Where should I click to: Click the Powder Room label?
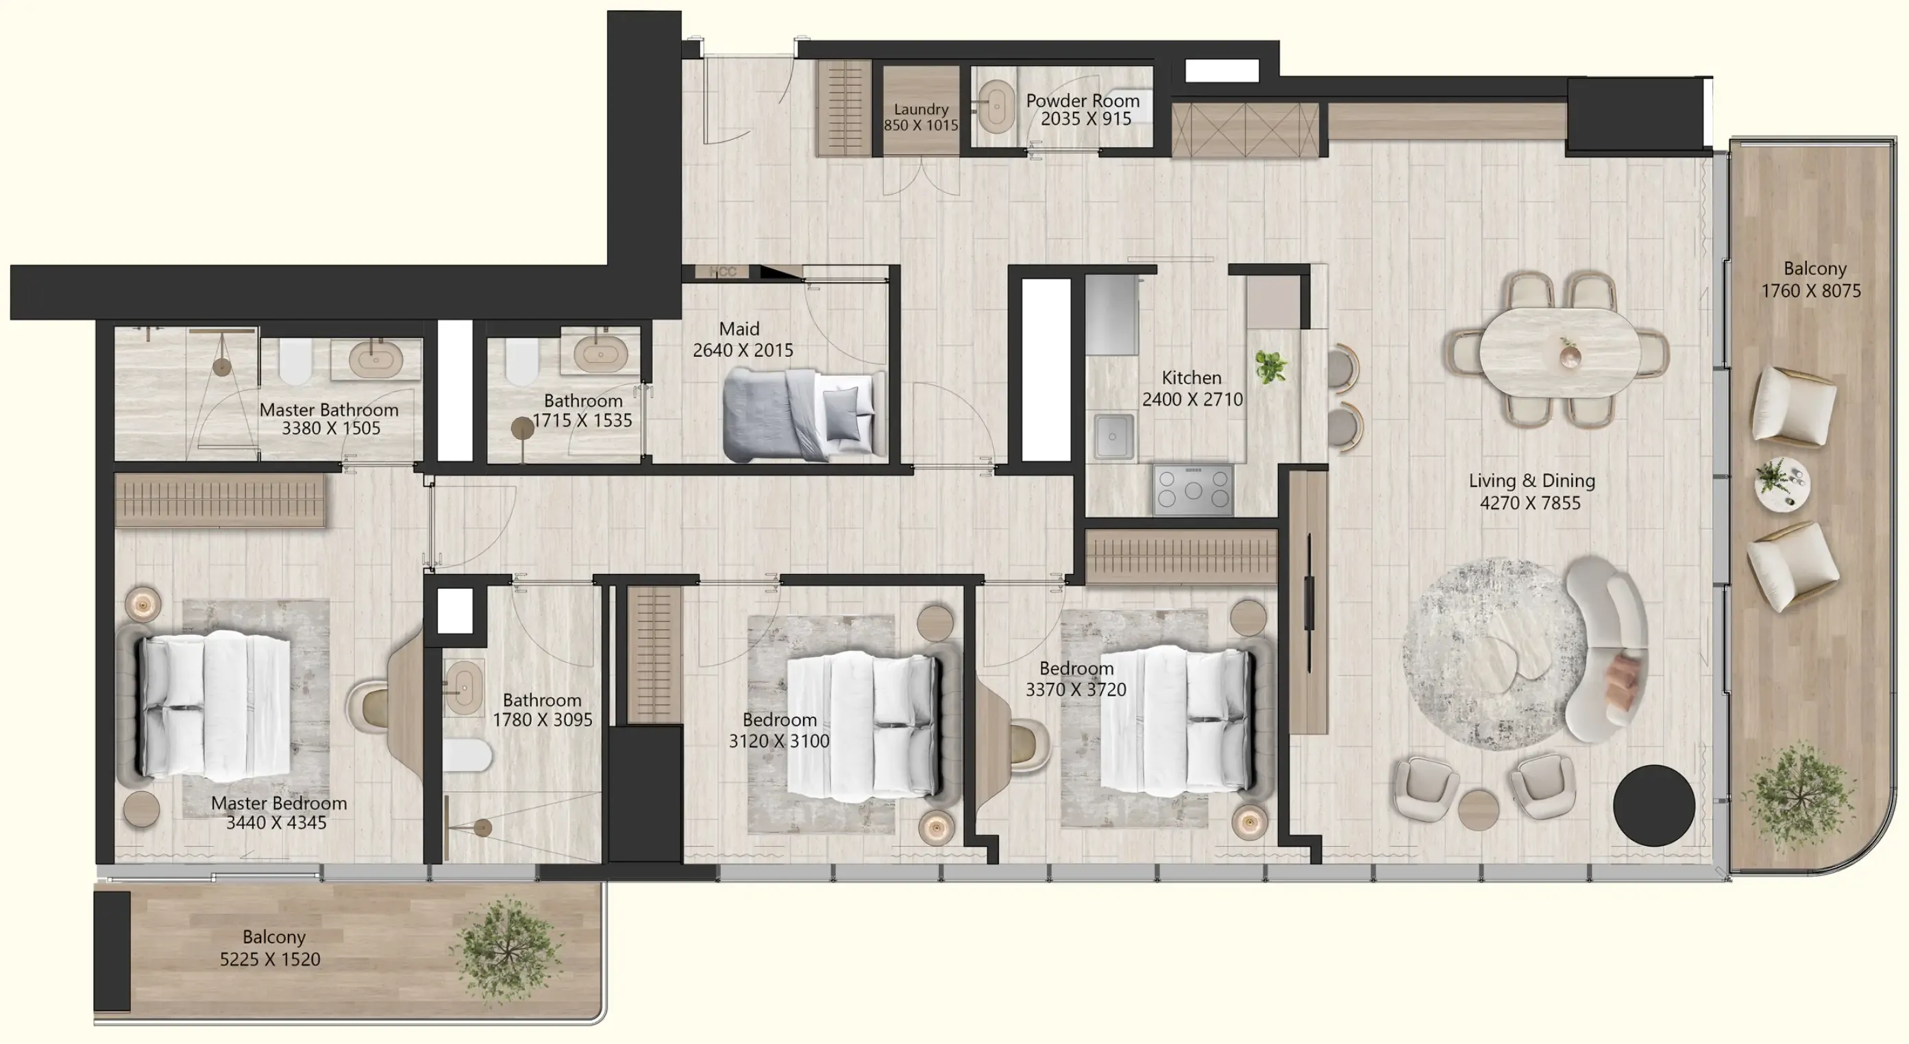(1082, 100)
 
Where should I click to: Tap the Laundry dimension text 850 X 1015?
(920, 125)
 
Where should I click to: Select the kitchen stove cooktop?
(1192, 490)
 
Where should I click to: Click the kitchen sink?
(1114, 436)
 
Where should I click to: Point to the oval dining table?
(1560, 352)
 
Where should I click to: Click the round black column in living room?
(1653, 806)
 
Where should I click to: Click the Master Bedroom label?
(279, 803)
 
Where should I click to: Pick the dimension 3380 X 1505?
(330, 428)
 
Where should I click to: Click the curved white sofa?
(1608, 648)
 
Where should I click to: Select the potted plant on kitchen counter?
(1270, 366)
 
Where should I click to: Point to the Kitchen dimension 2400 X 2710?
(1192, 399)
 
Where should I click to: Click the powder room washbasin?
(995, 108)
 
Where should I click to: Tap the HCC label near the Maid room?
(722, 272)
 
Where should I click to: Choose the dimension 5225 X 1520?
(270, 959)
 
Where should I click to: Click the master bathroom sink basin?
(375, 360)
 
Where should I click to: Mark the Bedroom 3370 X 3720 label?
(1075, 669)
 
